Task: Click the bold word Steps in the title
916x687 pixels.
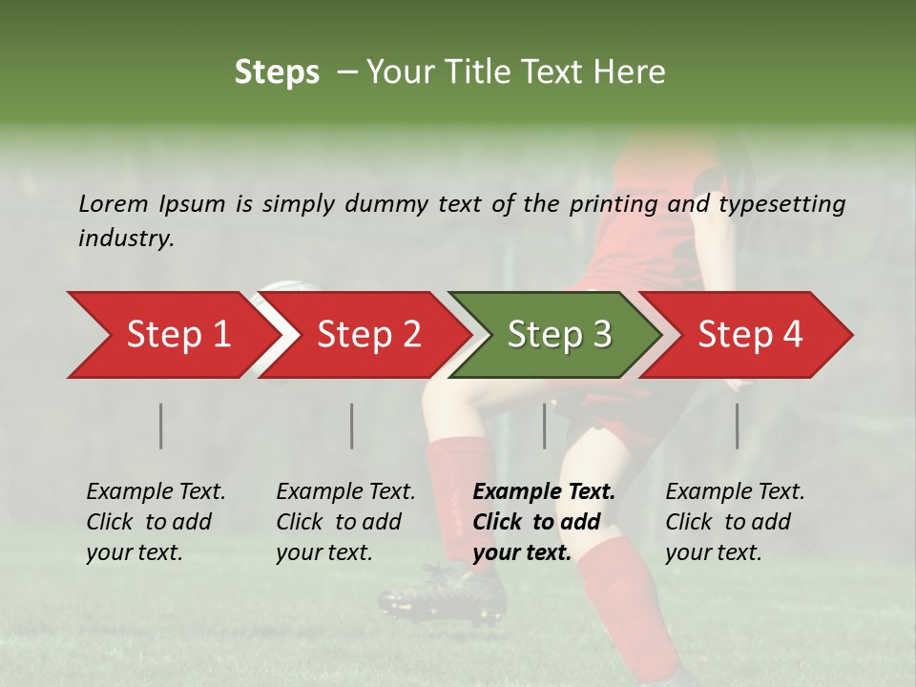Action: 277,73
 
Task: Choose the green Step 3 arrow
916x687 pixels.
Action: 558,335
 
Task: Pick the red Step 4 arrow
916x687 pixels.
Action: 749,335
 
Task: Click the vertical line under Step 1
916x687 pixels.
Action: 161,426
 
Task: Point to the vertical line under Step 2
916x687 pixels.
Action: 352,426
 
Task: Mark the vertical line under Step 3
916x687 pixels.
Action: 545,426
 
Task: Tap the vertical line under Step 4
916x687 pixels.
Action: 738,426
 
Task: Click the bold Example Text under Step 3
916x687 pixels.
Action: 544,491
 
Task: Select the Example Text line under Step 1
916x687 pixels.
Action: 156,491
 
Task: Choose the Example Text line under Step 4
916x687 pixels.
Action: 735,491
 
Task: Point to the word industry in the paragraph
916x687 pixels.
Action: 126,239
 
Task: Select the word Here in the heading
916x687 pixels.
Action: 631,73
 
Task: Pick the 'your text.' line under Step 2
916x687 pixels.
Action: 323,552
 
